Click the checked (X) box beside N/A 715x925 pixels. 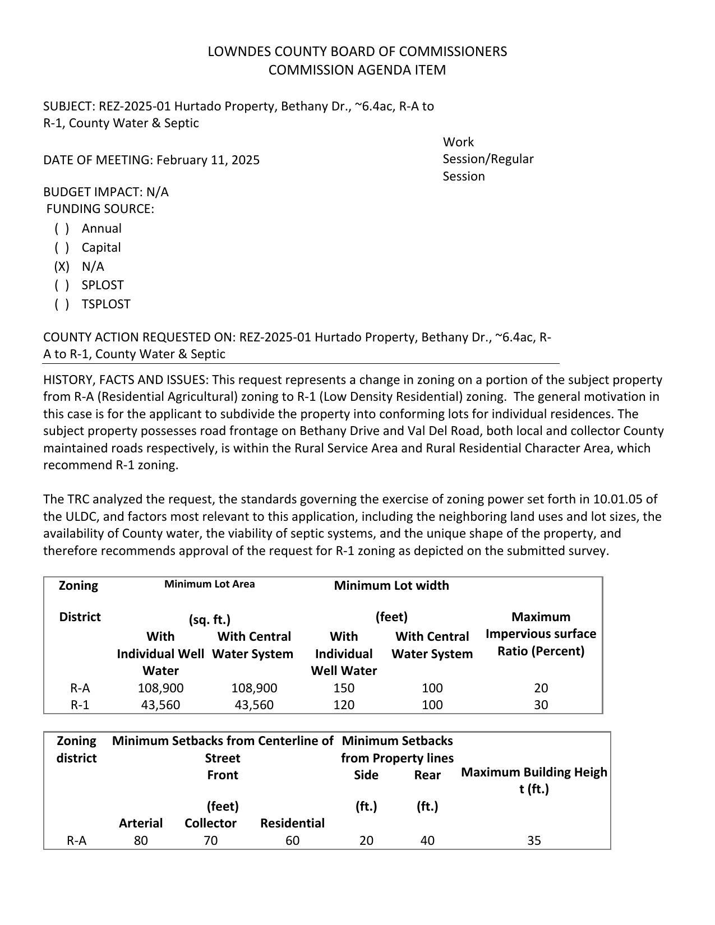click(62, 266)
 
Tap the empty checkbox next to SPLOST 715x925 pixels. click(62, 285)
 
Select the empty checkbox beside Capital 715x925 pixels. click(62, 248)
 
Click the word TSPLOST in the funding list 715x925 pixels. click(106, 304)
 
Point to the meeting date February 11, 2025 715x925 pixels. click(208, 160)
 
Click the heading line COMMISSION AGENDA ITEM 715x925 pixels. click(357, 70)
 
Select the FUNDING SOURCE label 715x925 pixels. click(100, 209)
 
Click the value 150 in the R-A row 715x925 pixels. click(344, 688)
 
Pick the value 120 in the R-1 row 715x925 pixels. click(344, 705)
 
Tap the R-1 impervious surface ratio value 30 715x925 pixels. click(541, 705)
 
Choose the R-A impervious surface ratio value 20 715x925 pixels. click(541, 688)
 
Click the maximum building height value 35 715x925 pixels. click(534, 840)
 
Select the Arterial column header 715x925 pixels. click(141, 823)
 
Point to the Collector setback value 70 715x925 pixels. click(210, 840)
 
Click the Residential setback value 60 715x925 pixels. click(292, 840)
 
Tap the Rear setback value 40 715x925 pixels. click(427, 840)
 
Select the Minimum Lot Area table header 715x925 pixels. click(209, 584)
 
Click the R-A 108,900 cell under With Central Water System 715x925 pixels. click(254, 688)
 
